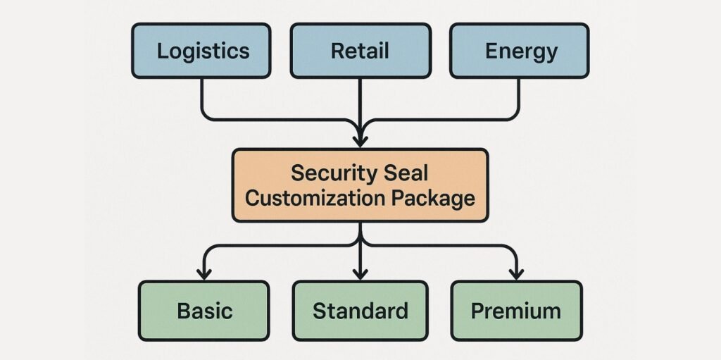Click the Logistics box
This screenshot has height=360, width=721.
[x=201, y=51]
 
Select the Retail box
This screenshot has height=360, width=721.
[x=360, y=51]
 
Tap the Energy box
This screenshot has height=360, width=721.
[x=520, y=51]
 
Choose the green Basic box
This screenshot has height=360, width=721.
[x=203, y=311]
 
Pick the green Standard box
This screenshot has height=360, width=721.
[x=360, y=311]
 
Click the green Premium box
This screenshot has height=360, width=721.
[x=516, y=311]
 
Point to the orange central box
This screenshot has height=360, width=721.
[x=360, y=185]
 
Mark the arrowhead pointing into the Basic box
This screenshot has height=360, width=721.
[x=204, y=273]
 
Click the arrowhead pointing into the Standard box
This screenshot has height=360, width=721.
[x=360, y=273]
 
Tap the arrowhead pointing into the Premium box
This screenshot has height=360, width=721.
[x=516, y=273]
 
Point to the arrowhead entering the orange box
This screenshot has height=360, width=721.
[x=360, y=139]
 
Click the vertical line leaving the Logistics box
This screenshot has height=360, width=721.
[x=202, y=95]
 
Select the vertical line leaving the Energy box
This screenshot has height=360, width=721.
[x=519, y=95]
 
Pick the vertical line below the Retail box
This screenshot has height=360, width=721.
[x=360, y=99]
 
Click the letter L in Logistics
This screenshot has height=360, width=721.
[x=162, y=51]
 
